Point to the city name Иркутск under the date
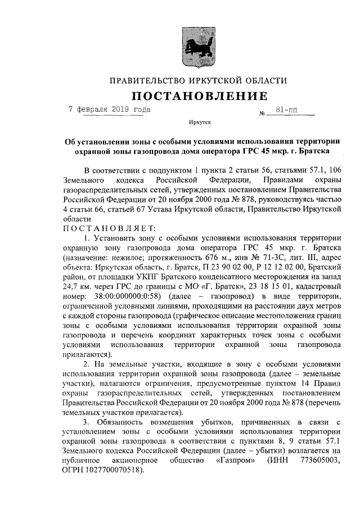point(199,121)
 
